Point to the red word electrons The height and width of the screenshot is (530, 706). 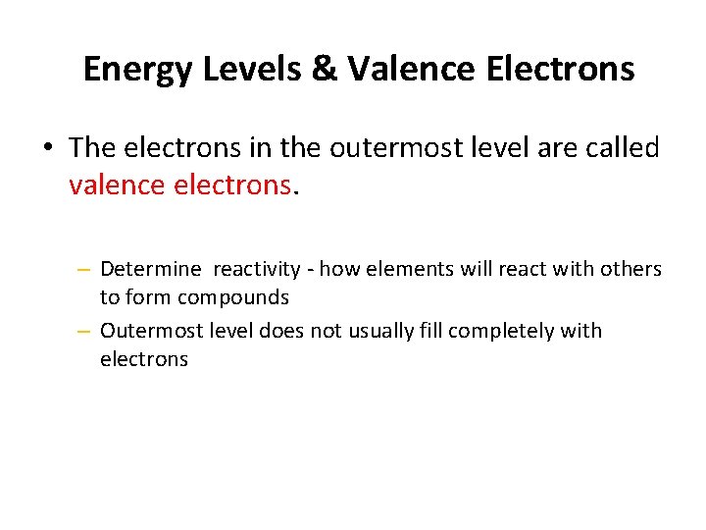tap(234, 184)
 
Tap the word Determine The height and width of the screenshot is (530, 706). tap(150, 269)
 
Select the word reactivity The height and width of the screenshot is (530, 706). tap(257, 269)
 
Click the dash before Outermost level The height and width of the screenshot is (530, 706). tap(85, 332)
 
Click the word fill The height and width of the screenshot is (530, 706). tap(432, 331)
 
